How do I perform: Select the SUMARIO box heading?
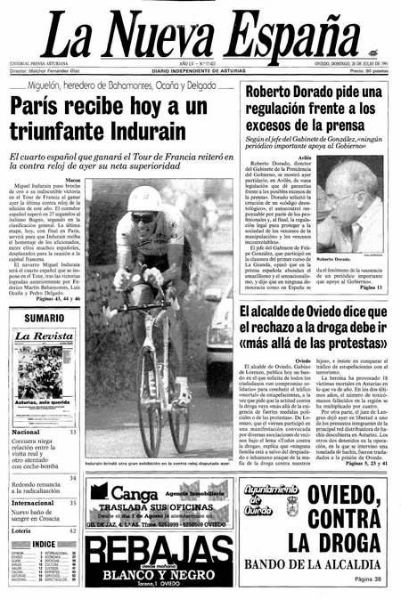click(44, 317)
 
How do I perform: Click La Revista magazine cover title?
click(44, 336)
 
